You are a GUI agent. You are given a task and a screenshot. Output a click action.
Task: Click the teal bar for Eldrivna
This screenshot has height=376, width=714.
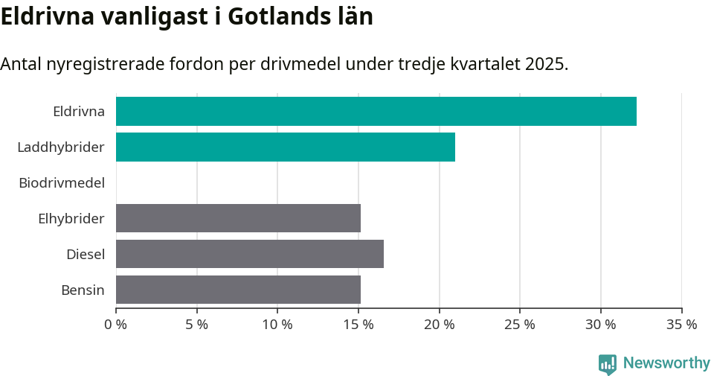[376, 111]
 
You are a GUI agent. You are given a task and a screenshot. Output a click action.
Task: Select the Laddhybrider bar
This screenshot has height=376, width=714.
[285, 147]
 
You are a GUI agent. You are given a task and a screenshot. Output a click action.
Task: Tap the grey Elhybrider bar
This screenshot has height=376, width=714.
[238, 218]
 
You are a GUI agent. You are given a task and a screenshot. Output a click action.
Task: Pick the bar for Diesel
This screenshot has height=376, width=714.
[249, 254]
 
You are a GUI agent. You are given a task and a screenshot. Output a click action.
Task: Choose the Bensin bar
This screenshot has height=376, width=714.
[238, 290]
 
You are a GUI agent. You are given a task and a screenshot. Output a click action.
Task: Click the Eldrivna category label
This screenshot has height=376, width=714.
[79, 112]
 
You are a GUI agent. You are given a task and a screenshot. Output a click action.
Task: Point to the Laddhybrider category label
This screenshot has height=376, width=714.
[61, 147]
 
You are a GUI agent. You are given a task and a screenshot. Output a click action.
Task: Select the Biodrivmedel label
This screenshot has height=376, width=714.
[62, 182]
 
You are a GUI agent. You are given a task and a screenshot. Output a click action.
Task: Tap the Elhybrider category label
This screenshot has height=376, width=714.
[71, 219]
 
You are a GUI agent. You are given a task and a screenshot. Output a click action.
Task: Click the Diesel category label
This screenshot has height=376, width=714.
[86, 255]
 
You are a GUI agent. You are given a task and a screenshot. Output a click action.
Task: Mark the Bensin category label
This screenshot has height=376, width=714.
[83, 290]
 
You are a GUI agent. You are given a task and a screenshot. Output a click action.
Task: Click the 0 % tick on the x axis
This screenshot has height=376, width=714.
[116, 325]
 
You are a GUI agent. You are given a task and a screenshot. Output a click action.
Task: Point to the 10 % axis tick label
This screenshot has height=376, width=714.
[277, 325]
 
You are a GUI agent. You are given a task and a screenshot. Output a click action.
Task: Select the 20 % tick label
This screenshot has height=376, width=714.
[439, 325]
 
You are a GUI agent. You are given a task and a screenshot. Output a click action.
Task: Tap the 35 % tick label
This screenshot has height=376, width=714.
[681, 325]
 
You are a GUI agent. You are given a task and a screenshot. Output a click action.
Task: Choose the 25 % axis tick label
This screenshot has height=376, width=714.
[520, 325]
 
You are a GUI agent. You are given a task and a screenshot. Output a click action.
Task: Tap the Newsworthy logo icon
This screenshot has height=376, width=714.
[608, 363]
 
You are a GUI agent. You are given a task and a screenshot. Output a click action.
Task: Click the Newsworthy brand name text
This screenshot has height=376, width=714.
[666, 363]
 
